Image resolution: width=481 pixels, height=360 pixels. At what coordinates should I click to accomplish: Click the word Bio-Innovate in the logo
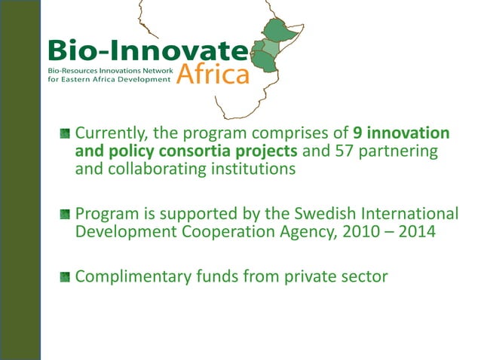(148, 52)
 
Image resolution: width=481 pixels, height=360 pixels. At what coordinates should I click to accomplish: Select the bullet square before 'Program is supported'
(66, 214)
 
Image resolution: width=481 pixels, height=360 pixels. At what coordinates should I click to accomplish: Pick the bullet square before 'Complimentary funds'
(66, 277)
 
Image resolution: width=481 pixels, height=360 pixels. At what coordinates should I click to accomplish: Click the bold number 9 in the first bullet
(357, 133)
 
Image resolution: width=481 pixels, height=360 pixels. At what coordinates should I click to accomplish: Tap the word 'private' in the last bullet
(317, 276)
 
